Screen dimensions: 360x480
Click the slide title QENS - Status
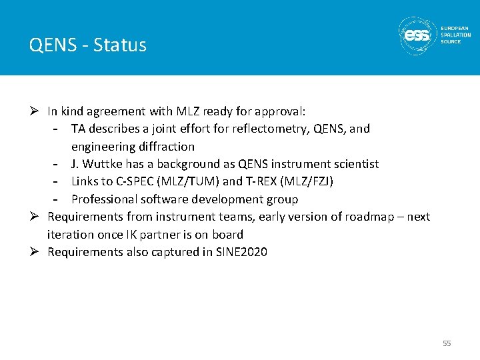(87, 45)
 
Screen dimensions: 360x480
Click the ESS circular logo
(418, 35)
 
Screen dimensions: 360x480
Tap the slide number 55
(447, 343)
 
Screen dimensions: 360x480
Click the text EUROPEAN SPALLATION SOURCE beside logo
(455, 35)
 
